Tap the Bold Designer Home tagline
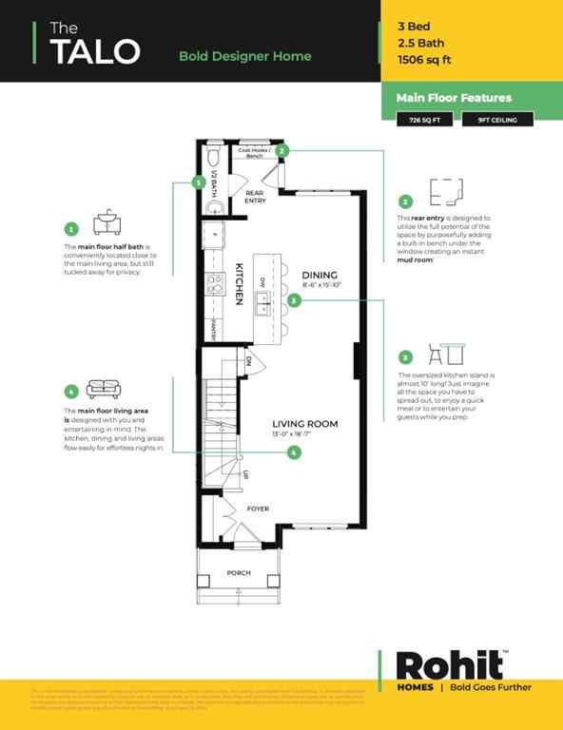pyautogui.click(x=244, y=56)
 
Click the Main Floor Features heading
pyautogui.click(x=454, y=98)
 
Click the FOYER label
pyautogui.click(x=258, y=509)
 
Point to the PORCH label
pyautogui.click(x=239, y=573)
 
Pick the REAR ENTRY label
pyautogui.click(x=255, y=197)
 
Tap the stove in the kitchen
pyautogui.click(x=215, y=282)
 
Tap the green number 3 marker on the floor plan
pyautogui.click(x=295, y=300)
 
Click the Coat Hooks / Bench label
pyautogui.click(x=255, y=153)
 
